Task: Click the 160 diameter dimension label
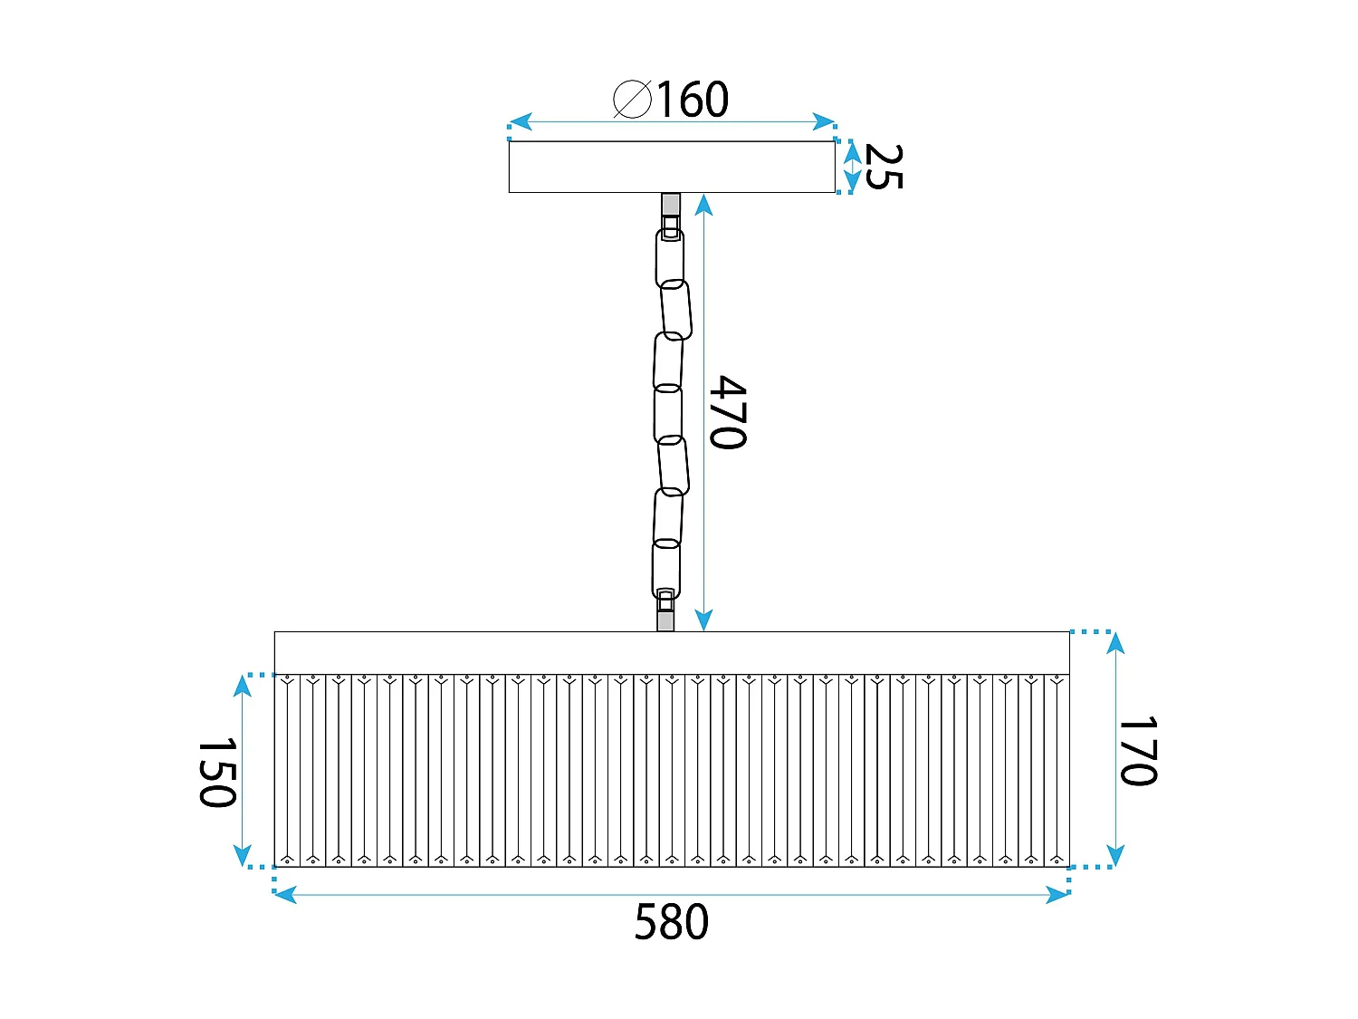pyautogui.click(x=692, y=100)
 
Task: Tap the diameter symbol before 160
pyautogui.click(x=632, y=100)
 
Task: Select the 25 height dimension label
pyautogui.click(x=883, y=167)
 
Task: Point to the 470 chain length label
pyautogui.click(x=728, y=412)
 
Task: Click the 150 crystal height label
pyautogui.click(x=217, y=772)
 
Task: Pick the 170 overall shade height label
pyautogui.click(x=1138, y=752)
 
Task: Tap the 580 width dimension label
pyautogui.click(x=671, y=923)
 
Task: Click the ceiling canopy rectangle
pyautogui.click(x=671, y=167)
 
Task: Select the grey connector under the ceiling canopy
pyautogui.click(x=670, y=204)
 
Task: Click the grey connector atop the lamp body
pyautogui.click(x=665, y=620)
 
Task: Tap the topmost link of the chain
pyautogui.click(x=670, y=257)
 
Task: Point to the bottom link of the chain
pyautogui.click(x=665, y=569)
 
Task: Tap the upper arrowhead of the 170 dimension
pyautogui.click(x=1115, y=643)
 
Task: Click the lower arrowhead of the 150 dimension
pyautogui.click(x=242, y=855)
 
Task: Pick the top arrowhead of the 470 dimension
pyautogui.click(x=703, y=205)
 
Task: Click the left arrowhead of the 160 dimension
pyautogui.click(x=520, y=122)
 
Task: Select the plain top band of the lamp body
pyautogui.click(x=671, y=652)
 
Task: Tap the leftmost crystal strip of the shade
pyautogui.click(x=287, y=770)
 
